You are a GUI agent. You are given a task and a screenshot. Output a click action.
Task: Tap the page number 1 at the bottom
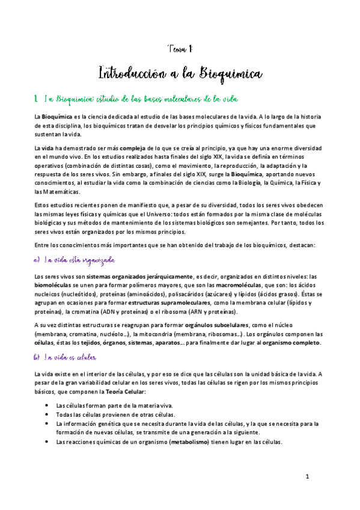pyautogui.click(x=307, y=477)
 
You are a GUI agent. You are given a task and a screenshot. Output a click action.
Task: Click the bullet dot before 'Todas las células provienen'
pyautogui.click(x=47, y=414)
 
